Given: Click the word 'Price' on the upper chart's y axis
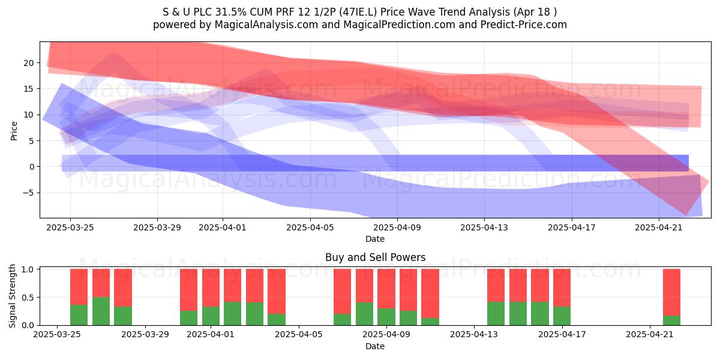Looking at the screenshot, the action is [x=14, y=131].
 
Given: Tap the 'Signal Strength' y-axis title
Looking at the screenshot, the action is [x=12, y=296].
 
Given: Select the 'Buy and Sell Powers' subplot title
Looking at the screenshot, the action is [x=375, y=257].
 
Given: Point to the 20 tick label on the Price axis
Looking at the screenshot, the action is [x=29, y=63].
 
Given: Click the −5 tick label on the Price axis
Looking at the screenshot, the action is [x=28, y=193].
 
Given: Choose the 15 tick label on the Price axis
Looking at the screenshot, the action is [x=29, y=89].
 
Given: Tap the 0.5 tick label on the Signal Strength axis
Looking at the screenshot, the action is [x=28, y=298].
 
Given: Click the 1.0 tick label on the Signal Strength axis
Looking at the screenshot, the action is [x=28, y=269].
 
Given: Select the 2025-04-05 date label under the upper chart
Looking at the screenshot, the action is [x=310, y=227].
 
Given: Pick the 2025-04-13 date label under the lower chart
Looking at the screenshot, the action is [x=474, y=334].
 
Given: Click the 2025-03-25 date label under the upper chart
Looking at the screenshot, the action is [x=70, y=227].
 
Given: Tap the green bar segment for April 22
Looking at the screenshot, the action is [x=672, y=320].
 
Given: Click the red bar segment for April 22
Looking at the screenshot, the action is [x=672, y=293].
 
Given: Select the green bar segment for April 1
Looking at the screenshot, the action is [x=211, y=316].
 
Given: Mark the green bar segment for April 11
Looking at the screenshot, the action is [x=430, y=322].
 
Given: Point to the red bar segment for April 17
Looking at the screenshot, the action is [x=562, y=288].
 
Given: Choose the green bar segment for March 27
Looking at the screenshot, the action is [x=123, y=316].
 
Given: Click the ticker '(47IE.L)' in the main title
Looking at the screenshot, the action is [x=358, y=12].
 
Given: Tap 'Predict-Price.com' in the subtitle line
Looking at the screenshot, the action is [x=524, y=25].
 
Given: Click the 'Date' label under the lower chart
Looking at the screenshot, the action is [x=375, y=346].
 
